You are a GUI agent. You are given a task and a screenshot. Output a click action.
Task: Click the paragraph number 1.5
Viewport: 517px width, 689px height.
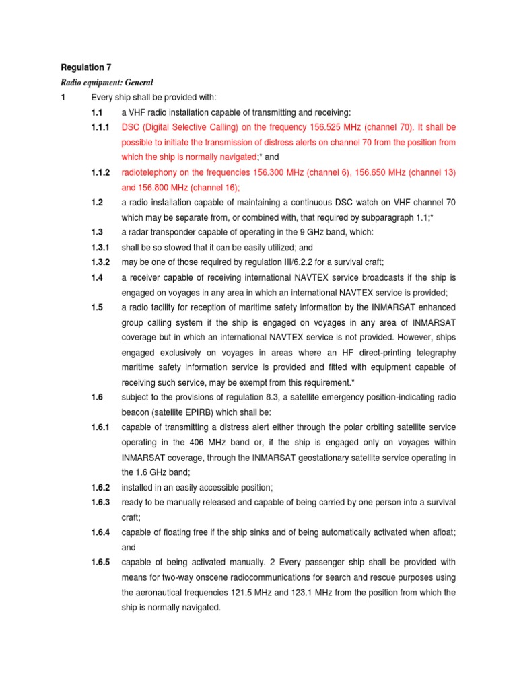98,307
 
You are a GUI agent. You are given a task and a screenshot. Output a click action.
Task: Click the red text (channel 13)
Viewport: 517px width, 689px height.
433,173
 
